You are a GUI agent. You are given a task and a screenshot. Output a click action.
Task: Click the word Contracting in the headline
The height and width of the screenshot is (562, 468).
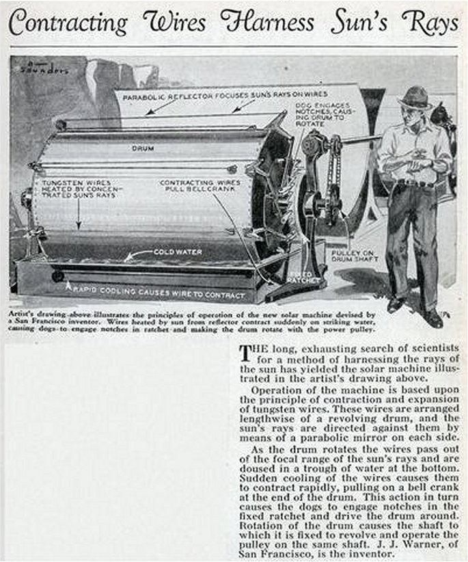point(68,24)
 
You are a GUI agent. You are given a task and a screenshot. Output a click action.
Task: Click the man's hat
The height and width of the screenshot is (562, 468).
point(415,98)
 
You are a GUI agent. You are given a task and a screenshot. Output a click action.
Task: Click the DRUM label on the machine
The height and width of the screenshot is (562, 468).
point(143,146)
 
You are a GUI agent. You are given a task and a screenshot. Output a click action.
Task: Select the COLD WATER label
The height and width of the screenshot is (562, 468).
point(177,252)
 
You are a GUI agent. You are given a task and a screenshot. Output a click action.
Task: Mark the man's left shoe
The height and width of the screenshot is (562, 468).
point(433,317)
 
